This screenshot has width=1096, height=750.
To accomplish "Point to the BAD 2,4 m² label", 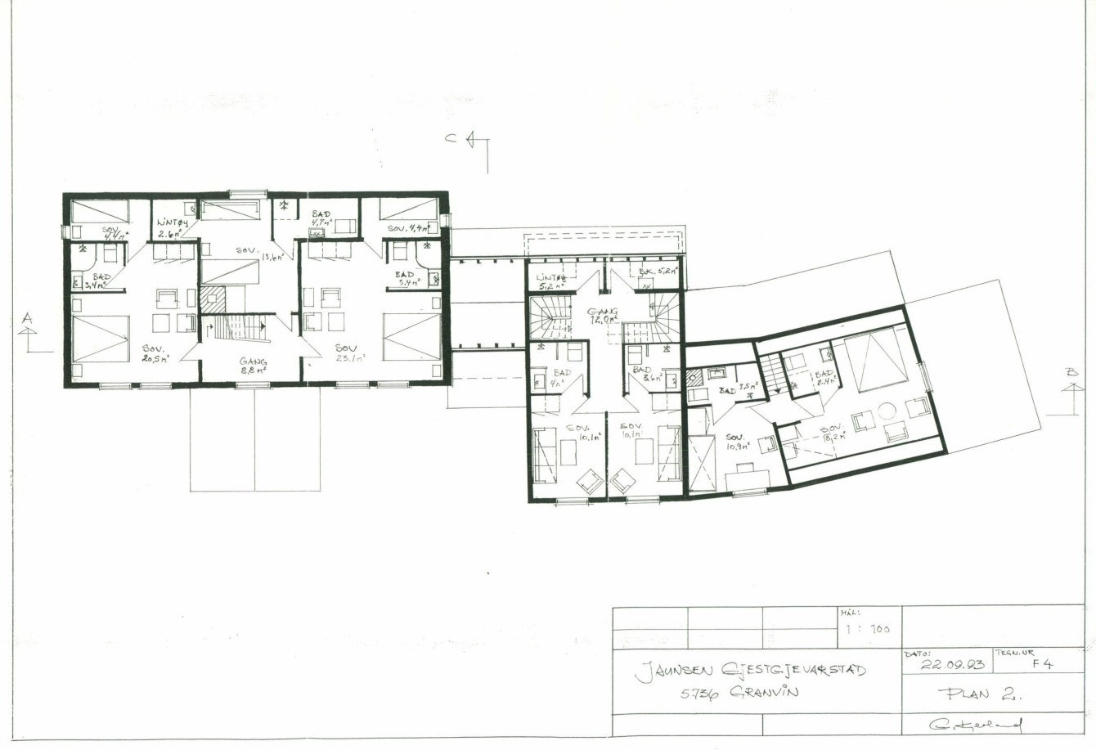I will (824, 378).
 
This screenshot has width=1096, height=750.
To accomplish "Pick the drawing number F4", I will (1042, 664).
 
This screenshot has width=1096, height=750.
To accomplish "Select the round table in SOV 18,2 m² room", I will (887, 410).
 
